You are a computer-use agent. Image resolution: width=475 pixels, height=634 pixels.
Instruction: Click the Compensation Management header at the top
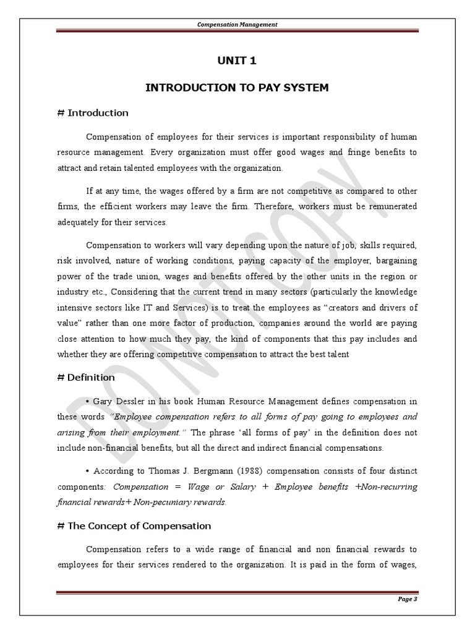click(237, 24)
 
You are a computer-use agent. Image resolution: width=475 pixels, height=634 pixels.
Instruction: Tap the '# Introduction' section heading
click(92, 113)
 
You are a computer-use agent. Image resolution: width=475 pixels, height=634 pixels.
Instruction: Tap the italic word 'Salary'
click(242, 486)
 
